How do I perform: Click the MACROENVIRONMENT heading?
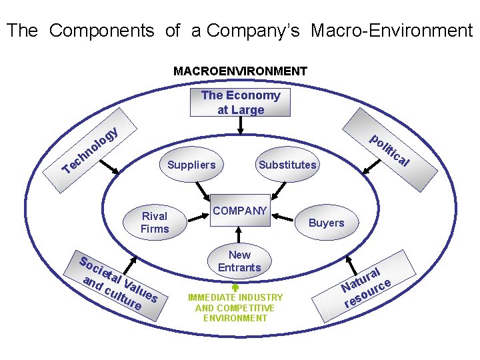coord(240,71)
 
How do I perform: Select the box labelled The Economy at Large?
coord(241,103)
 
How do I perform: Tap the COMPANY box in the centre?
coord(239,211)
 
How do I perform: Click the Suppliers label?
coord(191,165)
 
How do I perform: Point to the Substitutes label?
coord(287,165)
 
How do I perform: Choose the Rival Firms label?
coord(155,223)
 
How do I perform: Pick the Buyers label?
coord(326,223)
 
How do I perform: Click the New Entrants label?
coord(239,261)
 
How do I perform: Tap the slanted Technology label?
coord(91,149)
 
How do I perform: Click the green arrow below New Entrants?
coord(235,288)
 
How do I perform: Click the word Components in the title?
coord(102,31)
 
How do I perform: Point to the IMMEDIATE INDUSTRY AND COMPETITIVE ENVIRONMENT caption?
coord(235,307)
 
